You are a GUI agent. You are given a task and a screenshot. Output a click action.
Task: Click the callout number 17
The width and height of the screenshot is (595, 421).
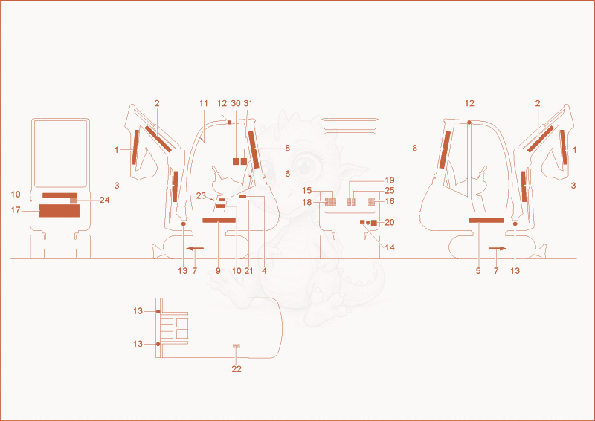[16, 210]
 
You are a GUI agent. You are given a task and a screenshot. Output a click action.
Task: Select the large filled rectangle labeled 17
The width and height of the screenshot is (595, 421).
[59, 211]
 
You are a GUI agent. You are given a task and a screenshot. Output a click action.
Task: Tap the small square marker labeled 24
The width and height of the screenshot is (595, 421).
[73, 200]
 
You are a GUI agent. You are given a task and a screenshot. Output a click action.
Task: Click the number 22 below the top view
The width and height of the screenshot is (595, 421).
[237, 369]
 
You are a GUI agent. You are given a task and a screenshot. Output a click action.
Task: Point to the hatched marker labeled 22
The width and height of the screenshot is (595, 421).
[237, 346]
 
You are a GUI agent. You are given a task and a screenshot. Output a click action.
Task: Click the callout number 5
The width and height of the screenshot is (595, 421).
[478, 271]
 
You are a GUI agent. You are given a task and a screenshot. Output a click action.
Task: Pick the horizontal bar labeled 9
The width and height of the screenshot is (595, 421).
[219, 221]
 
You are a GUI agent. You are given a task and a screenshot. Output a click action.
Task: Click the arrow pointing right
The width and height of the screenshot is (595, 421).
[498, 249]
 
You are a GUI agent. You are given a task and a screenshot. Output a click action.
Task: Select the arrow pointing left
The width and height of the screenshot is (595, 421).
[195, 248]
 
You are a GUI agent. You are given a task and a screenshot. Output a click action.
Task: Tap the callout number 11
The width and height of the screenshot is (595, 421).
[204, 103]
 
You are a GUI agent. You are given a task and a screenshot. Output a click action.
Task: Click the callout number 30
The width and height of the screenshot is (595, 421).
[236, 103]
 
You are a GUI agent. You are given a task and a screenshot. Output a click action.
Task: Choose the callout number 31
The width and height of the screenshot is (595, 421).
[248, 103]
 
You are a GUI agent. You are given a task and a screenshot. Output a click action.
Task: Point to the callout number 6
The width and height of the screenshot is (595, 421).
[287, 174]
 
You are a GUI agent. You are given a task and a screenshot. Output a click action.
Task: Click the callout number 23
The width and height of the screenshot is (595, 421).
[201, 195]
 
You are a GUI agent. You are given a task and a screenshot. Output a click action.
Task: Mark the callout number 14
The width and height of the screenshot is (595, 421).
[390, 247]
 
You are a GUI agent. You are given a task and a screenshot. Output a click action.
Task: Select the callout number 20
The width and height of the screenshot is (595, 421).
[390, 223]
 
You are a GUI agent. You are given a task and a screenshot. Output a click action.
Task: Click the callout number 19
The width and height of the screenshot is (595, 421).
[390, 180]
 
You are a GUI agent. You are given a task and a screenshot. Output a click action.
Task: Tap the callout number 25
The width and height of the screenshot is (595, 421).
[390, 191]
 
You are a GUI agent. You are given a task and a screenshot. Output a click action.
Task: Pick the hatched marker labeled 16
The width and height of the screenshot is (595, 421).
[371, 202]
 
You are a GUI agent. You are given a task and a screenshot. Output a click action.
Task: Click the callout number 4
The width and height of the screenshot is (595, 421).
[264, 271]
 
